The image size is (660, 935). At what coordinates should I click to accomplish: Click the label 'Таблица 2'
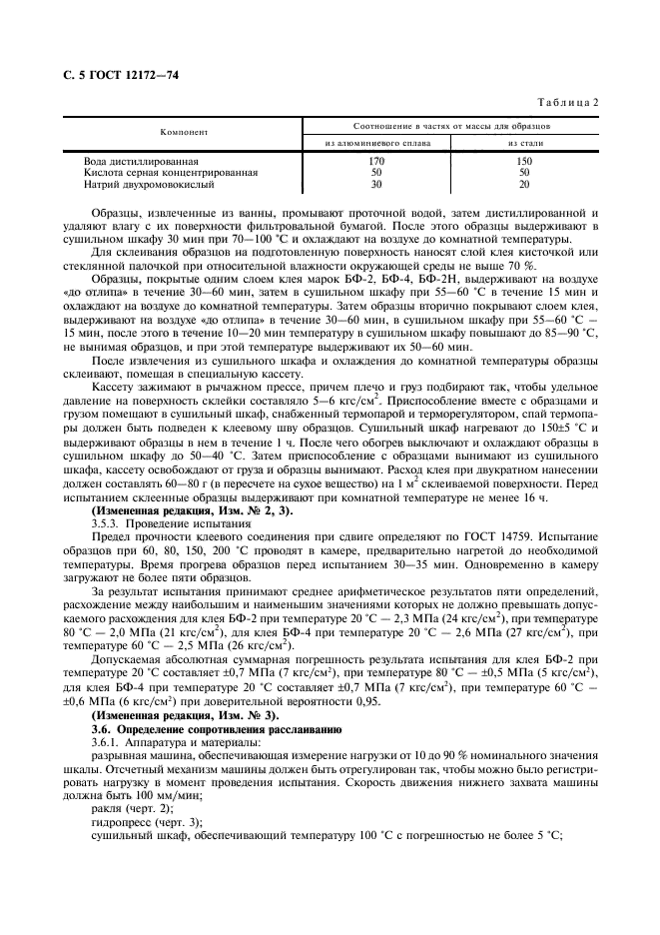(568, 103)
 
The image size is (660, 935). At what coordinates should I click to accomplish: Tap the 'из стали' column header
(525, 142)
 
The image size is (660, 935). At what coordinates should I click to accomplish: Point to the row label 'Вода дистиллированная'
(142, 160)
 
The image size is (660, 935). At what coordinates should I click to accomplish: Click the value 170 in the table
(376, 160)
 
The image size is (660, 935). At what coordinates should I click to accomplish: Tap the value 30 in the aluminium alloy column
(376, 184)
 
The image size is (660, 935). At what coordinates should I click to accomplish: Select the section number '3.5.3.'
(106, 522)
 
